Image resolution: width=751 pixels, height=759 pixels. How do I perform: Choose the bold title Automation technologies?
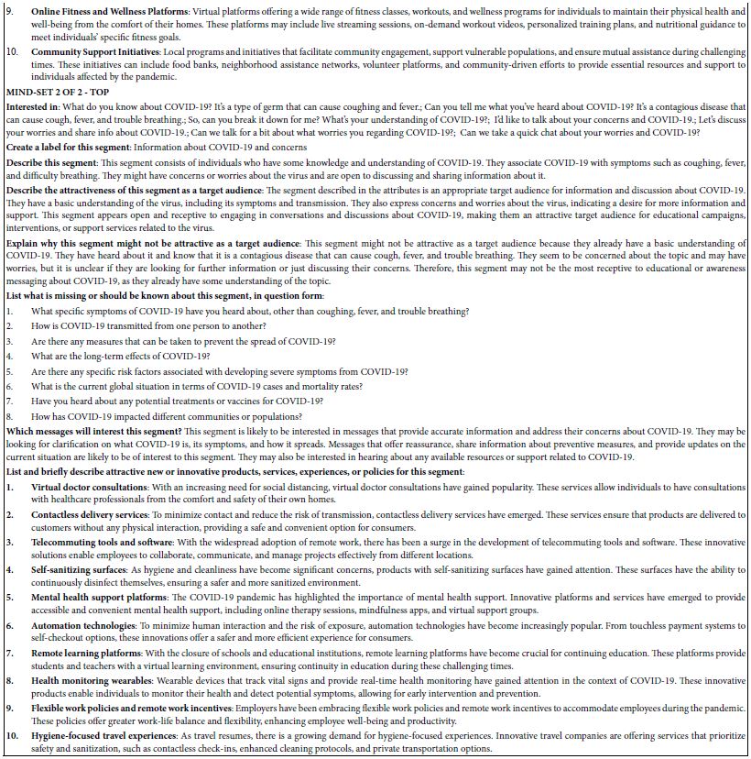[84, 625]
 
